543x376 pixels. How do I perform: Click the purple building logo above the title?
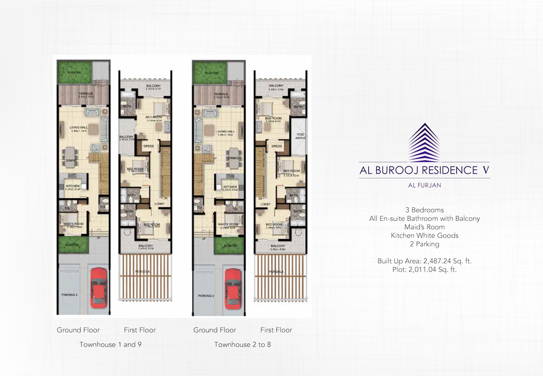click(424, 142)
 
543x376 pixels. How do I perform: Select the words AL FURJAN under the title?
click(424, 187)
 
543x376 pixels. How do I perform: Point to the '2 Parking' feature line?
click(424, 244)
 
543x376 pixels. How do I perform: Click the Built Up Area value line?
click(424, 261)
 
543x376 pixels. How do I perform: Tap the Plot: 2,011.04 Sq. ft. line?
click(424, 270)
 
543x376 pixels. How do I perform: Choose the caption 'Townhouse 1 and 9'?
click(111, 344)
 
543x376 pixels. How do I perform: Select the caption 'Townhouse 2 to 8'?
click(242, 344)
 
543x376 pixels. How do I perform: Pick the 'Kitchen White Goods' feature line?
click(424, 236)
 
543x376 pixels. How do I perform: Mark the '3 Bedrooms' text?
click(424, 210)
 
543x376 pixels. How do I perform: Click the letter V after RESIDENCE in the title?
click(485, 170)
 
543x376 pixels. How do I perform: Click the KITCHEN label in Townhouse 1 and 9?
click(73, 186)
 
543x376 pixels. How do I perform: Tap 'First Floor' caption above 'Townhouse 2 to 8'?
click(276, 330)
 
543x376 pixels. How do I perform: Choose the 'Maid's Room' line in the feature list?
click(424, 227)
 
